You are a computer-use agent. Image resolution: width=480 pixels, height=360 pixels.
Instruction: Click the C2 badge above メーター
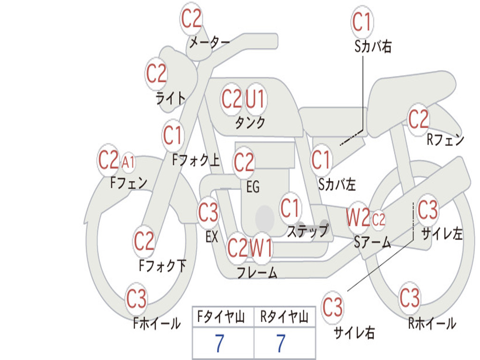pos(191,19)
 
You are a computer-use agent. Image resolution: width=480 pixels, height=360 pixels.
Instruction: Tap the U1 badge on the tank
pos(255,99)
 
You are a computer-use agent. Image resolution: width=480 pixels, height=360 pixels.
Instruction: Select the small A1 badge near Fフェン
pos(127,162)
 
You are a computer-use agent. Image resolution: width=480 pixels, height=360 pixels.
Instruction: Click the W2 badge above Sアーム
pos(358,218)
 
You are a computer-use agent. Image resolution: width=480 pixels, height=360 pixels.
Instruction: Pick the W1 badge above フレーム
pos(261,247)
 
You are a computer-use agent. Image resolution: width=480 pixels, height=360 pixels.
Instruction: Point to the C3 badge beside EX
pos(208,212)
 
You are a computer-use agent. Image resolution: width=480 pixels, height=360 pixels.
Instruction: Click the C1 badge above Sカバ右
pos(362,22)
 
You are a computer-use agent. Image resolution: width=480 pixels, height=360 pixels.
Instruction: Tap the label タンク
pos(250,123)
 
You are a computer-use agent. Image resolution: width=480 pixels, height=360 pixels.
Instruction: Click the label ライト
pos(171,98)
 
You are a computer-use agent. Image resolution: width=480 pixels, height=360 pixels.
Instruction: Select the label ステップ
pos(307,231)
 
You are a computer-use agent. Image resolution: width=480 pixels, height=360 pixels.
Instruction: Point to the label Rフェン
pos(445,140)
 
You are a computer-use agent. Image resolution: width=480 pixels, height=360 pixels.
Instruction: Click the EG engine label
pos(253,187)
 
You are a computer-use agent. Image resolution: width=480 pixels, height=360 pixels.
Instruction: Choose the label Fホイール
pos(157,323)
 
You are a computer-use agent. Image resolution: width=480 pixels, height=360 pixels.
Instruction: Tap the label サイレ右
pos(354,332)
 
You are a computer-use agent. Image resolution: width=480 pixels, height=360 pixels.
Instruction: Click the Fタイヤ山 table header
pos(221,317)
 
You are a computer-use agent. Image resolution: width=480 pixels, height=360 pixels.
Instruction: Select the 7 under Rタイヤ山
pos(281,343)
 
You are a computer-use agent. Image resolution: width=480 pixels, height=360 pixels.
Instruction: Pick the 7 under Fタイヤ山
pos(219,343)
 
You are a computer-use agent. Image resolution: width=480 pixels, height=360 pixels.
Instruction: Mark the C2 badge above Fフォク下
pos(144,241)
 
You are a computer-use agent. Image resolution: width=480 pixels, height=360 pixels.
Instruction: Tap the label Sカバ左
pos(337,184)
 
